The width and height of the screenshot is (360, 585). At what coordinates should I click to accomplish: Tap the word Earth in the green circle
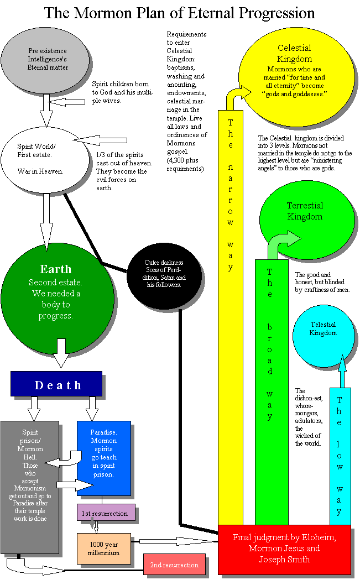(x=56, y=269)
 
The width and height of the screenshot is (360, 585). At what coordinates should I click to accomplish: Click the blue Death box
(x=56, y=384)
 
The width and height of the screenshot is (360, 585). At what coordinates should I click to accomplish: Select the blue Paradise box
(x=104, y=458)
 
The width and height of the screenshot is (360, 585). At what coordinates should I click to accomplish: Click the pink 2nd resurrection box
(x=175, y=565)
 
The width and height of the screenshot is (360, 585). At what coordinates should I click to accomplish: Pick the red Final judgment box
(x=284, y=549)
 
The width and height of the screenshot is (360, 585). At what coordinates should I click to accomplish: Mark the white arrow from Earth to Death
(x=61, y=353)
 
